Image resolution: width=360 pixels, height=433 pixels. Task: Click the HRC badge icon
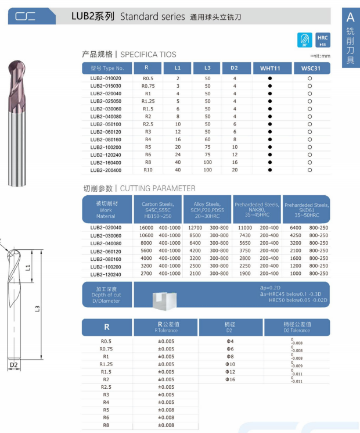[322, 40]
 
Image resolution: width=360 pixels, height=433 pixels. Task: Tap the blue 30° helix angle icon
[305, 40]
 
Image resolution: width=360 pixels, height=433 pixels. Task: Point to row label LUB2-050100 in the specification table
[106, 124]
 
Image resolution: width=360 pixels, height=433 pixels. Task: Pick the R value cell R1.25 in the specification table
[148, 101]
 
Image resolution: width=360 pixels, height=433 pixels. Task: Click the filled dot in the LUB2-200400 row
[270, 170]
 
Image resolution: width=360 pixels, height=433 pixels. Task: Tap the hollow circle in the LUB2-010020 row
[309, 78]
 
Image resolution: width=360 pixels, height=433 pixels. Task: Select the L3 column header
[207, 68]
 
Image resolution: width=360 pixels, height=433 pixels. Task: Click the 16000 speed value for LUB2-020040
[146, 228]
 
